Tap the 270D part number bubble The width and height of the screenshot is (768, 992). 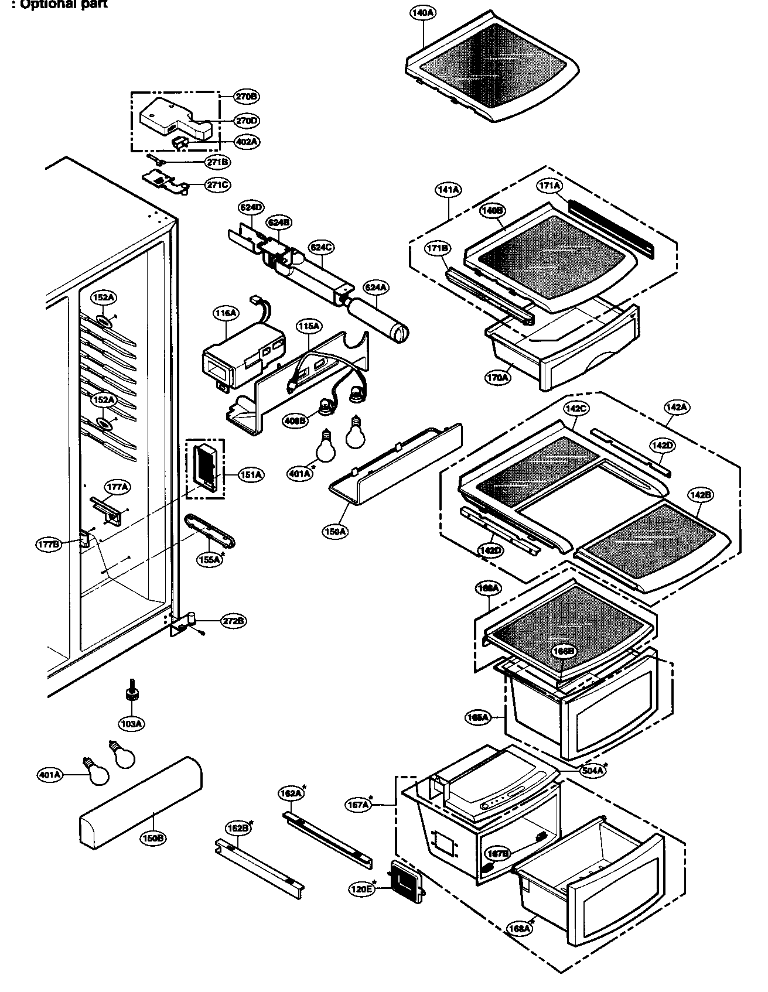(x=246, y=121)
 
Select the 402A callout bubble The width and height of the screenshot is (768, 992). (x=246, y=142)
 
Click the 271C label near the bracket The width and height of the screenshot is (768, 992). (x=217, y=185)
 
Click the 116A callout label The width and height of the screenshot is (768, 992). (x=224, y=314)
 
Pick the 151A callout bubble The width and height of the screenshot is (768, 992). (x=250, y=475)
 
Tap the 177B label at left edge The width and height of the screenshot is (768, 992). (x=48, y=545)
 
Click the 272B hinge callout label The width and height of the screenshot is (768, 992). (x=233, y=621)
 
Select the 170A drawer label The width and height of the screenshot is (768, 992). (x=497, y=378)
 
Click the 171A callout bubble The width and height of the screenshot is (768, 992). (x=549, y=186)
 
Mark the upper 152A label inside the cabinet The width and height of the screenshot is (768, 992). (x=103, y=297)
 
